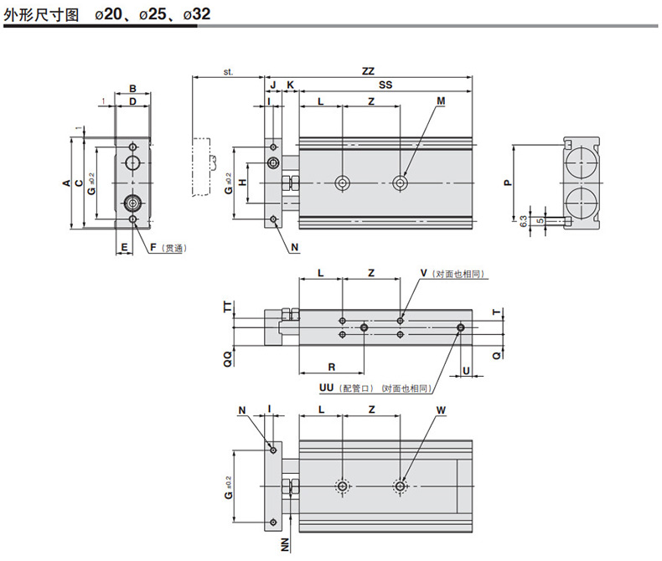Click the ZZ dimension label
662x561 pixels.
pos(368,71)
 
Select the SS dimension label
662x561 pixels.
pos(385,85)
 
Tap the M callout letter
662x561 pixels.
pos(441,101)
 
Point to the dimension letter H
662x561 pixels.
pos(241,182)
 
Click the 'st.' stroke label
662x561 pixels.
pos(228,72)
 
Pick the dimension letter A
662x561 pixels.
pos(67,183)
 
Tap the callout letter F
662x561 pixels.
pos(153,248)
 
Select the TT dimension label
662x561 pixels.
pos(225,308)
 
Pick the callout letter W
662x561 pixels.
pos(441,410)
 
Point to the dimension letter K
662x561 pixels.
pos(290,85)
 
